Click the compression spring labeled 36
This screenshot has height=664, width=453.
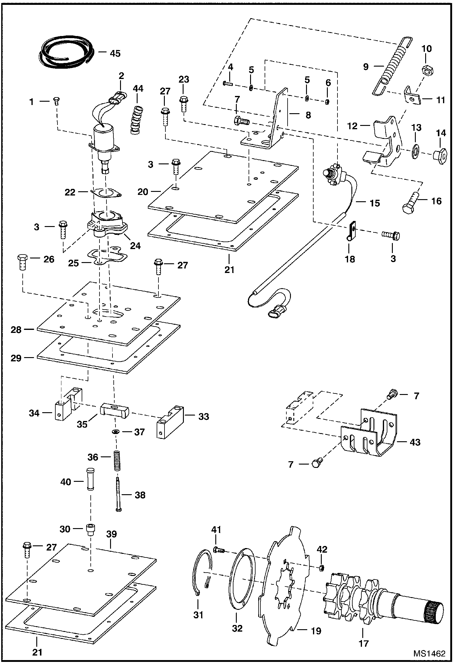117,461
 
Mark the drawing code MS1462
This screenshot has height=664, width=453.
429,653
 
